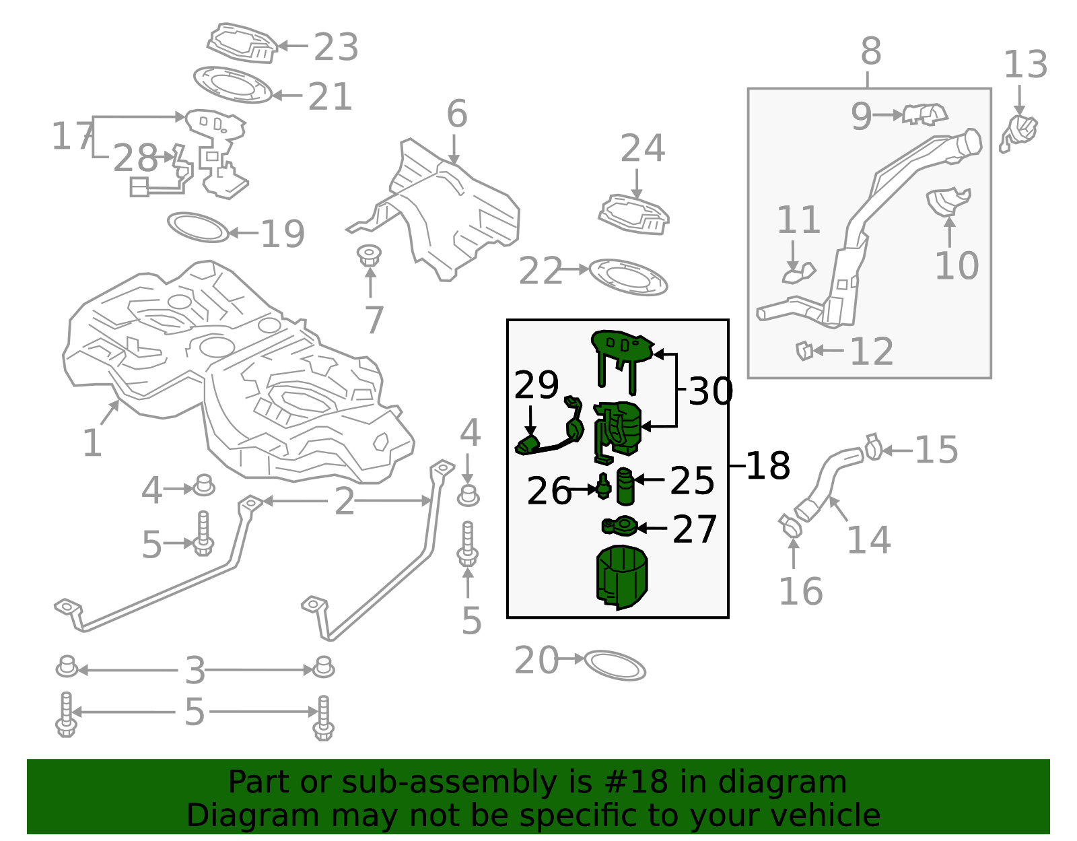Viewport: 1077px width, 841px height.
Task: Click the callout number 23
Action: (336, 47)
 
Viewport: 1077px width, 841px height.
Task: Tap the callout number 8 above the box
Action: (870, 51)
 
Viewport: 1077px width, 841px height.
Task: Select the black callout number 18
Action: (767, 465)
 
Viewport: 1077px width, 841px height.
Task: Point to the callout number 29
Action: (536, 385)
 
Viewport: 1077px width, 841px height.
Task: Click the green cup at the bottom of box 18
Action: (621, 576)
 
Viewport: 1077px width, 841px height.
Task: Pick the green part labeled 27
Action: (619, 526)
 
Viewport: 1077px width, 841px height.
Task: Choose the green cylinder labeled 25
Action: (625, 486)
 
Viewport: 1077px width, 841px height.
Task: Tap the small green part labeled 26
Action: (603, 485)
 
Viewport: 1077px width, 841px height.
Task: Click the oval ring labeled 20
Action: (615, 665)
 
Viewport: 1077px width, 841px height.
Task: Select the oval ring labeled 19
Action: (198, 228)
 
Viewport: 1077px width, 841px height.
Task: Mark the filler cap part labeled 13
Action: (1019, 132)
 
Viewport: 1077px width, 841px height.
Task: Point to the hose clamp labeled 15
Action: (873, 447)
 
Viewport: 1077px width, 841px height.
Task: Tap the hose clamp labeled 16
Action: (790, 525)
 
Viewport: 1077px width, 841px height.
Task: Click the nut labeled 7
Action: (369, 256)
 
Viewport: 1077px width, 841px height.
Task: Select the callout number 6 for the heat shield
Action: (456, 114)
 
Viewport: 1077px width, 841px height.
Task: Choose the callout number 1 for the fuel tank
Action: (92, 443)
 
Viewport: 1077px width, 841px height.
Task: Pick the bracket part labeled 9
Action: (925, 114)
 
